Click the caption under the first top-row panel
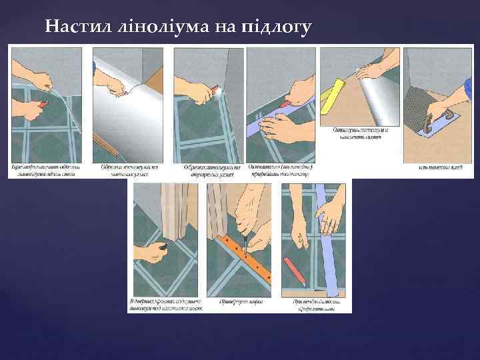coord(49,170)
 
